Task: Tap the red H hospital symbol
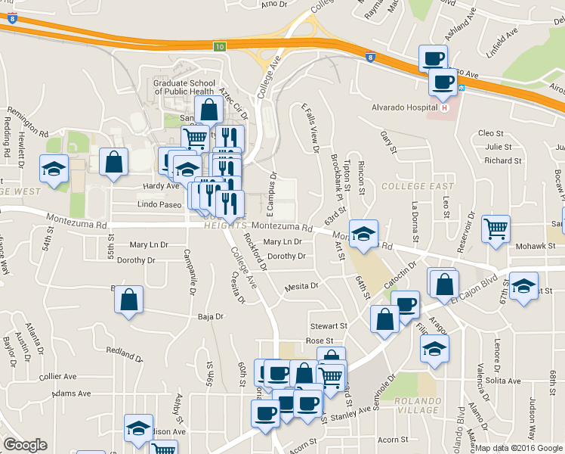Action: (445, 107)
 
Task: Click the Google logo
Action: (25, 445)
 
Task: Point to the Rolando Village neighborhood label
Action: (416, 405)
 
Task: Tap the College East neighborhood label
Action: (418, 186)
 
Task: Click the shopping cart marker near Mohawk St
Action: (496, 229)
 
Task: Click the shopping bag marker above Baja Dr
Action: (129, 299)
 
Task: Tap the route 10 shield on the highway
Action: (219, 47)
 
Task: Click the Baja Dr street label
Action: (211, 317)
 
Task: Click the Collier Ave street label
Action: (58, 376)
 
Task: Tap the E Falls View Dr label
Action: (310, 127)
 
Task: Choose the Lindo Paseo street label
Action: (159, 204)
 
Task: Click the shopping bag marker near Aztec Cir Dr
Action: (208, 110)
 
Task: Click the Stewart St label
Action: (328, 326)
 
